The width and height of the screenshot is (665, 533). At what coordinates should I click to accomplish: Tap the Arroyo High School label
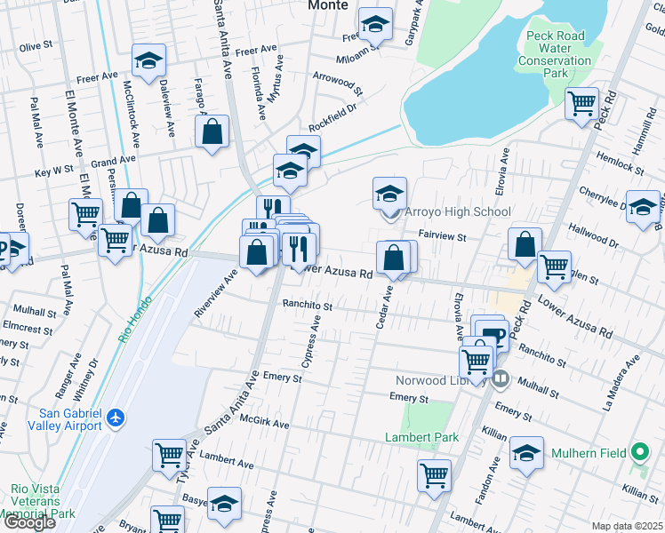pos(458,212)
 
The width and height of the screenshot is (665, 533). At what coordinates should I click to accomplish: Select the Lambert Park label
pos(421,437)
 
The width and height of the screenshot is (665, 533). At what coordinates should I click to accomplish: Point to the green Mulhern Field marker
pos(639,452)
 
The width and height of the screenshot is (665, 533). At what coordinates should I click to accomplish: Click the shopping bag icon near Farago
pos(212,133)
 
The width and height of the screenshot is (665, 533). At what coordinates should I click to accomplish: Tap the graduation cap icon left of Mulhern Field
pos(527,455)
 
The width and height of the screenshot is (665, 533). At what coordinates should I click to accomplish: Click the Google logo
pos(29,522)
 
